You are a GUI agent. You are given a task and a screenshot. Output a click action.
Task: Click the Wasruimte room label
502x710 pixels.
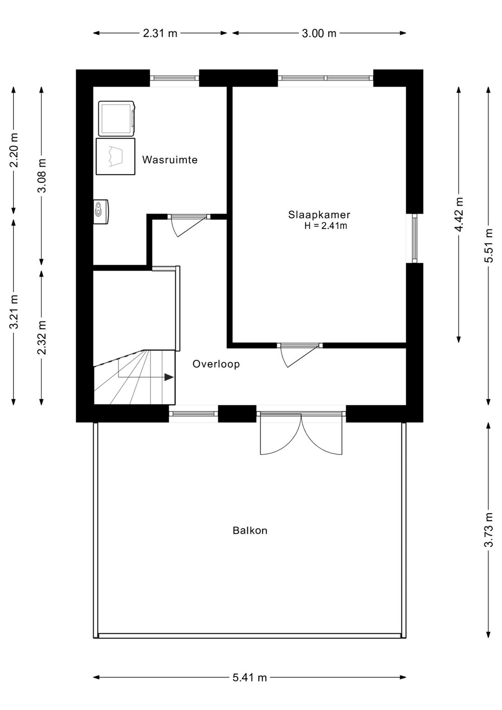pyautogui.click(x=170, y=160)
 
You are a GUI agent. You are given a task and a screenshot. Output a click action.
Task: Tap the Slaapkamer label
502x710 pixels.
pyautogui.click(x=319, y=215)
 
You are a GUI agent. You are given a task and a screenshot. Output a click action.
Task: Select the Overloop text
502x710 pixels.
pyautogui.click(x=216, y=364)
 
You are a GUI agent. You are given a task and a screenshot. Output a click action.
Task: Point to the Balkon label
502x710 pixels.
pyautogui.click(x=250, y=530)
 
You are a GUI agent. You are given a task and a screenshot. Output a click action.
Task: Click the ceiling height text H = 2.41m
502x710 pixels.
pyautogui.click(x=326, y=227)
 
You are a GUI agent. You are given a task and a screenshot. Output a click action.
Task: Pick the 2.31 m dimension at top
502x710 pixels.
pyautogui.click(x=160, y=33)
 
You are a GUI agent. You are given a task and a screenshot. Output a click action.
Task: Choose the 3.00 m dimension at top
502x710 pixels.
pyautogui.click(x=319, y=33)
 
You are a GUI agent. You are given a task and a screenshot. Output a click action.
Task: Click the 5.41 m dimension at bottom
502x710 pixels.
pyautogui.click(x=250, y=678)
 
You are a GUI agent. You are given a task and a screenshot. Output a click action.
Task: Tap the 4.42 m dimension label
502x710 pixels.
pyautogui.click(x=459, y=214)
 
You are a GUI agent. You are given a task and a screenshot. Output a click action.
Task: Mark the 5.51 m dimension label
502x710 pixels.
pyautogui.click(x=488, y=246)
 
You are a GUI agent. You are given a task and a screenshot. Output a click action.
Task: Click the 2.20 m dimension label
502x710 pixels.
pyautogui.click(x=14, y=150)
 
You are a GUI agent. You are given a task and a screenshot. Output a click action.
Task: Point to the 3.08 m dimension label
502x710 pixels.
pyautogui.click(x=42, y=175)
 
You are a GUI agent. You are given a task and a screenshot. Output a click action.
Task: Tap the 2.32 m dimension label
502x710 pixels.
pyautogui.click(x=42, y=337)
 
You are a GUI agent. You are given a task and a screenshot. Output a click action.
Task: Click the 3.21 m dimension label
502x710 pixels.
pyautogui.click(x=14, y=312)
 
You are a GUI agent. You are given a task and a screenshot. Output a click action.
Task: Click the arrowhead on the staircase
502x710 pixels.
pyautogui.click(x=169, y=377)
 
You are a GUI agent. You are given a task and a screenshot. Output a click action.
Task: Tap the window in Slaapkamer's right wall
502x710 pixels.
pyautogui.click(x=415, y=238)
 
